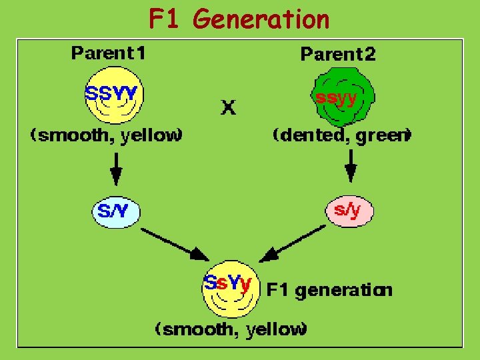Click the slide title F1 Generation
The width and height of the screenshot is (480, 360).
239,19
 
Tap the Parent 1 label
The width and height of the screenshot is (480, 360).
109,54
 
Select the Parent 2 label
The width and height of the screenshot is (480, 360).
338,54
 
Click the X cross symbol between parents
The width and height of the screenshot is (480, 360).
228,107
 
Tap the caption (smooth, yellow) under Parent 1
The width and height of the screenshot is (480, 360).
106,135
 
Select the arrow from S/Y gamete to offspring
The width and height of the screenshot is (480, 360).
175,244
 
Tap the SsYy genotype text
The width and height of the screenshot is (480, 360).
227,283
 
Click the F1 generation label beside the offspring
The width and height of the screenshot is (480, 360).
329,290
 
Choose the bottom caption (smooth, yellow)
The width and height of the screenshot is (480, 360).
231,329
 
